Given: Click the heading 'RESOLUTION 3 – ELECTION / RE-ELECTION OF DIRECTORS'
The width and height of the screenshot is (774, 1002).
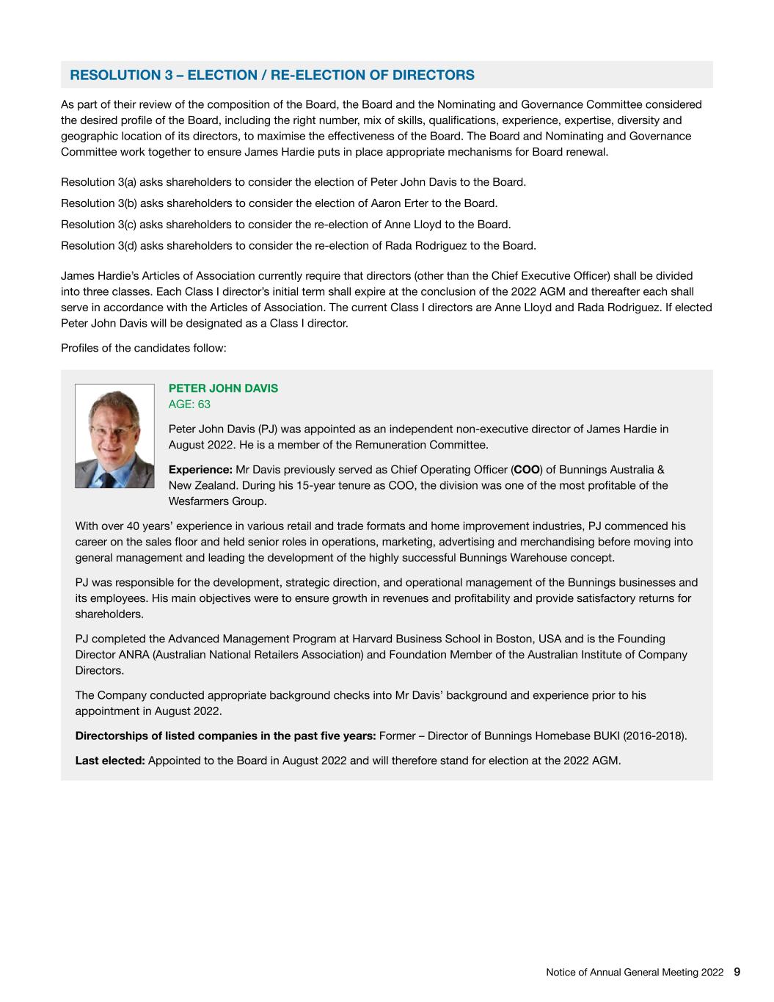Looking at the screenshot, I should pyautogui.click(x=271, y=75).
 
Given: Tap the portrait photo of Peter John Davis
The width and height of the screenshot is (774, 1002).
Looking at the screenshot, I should pyautogui.click(x=114, y=436).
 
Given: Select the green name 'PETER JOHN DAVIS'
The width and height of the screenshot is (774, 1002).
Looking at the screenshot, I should pyautogui.click(x=223, y=388).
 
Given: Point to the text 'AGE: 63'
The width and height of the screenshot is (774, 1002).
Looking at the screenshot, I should pyautogui.click(x=189, y=404).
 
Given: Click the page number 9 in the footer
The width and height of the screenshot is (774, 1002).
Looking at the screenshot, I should pyautogui.click(x=737, y=972).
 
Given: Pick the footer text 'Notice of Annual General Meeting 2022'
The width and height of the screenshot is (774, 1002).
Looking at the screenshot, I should pyautogui.click(x=635, y=973).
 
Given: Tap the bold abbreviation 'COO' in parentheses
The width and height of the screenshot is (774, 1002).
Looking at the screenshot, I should pyautogui.click(x=525, y=470).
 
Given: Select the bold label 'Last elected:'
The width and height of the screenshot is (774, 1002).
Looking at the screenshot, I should pyautogui.click(x=110, y=760).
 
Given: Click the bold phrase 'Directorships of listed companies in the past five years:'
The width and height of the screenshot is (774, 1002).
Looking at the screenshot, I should pyautogui.click(x=225, y=736).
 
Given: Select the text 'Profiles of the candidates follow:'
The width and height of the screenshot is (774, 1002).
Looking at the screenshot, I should pyautogui.click(x=144, y=348).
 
